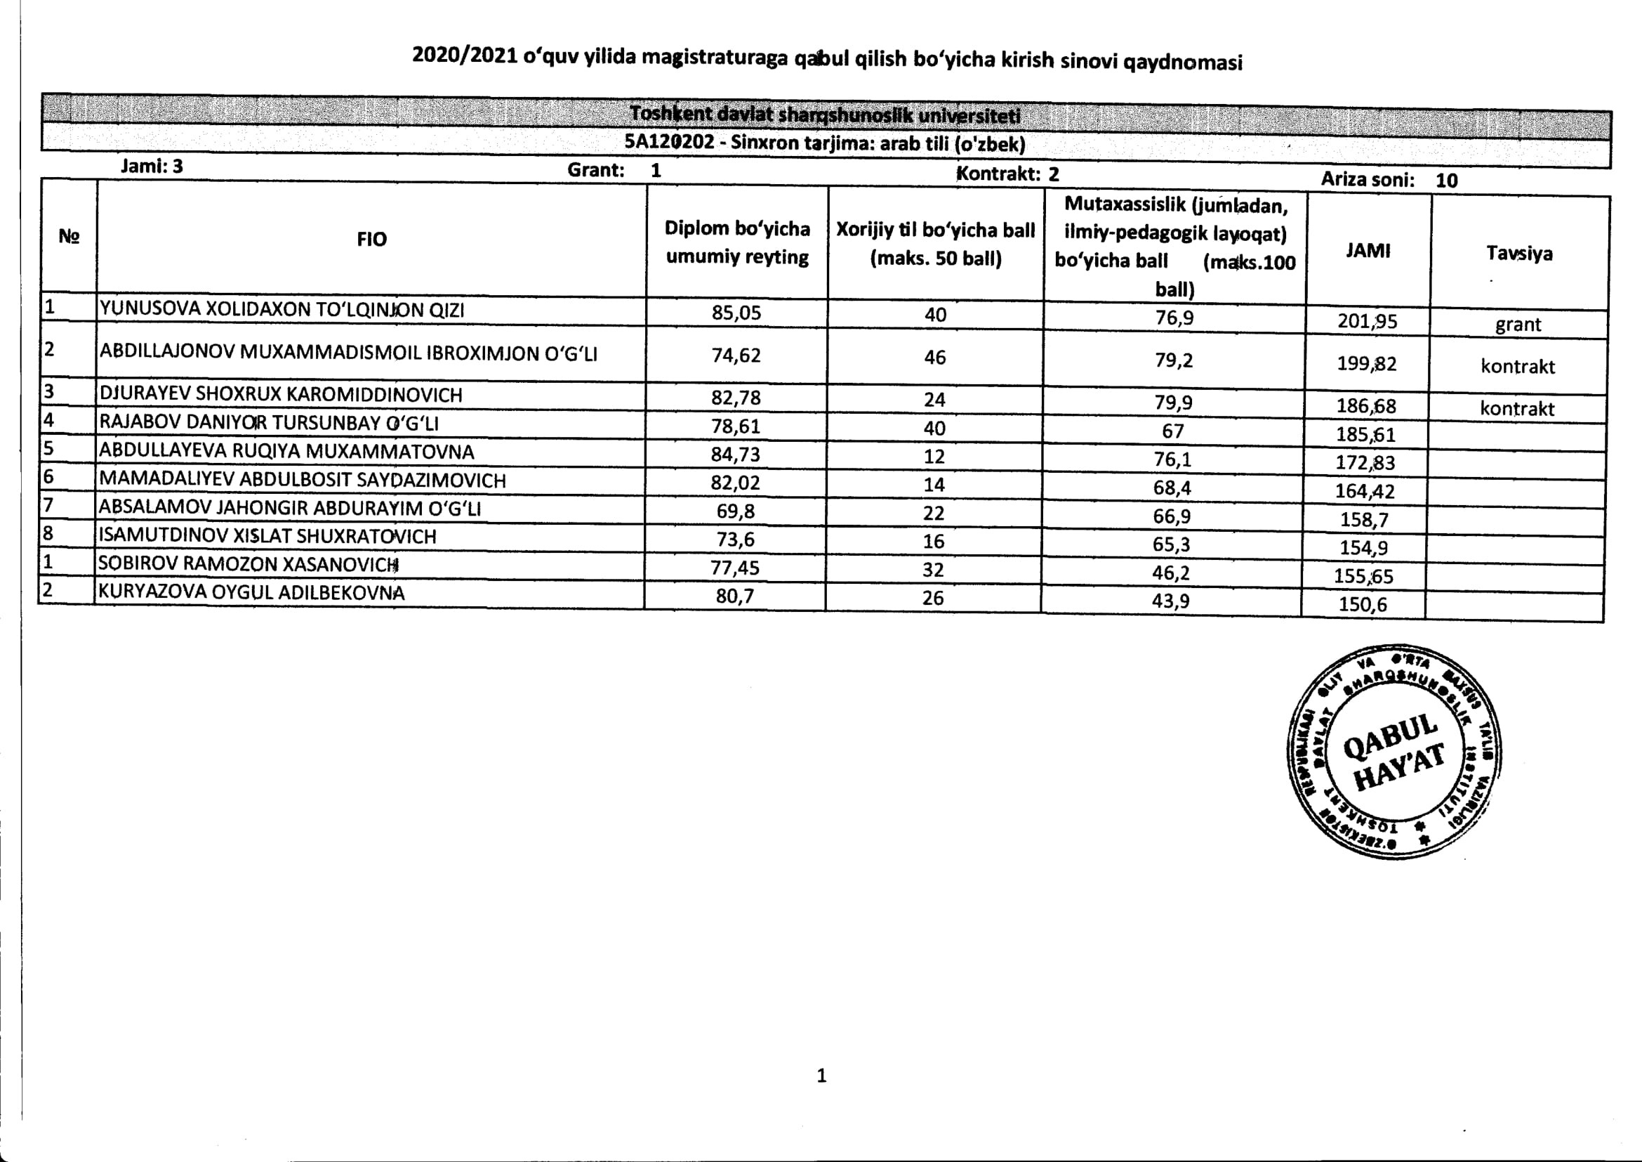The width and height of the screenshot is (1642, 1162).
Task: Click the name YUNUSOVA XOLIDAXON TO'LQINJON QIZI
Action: pos(282,309)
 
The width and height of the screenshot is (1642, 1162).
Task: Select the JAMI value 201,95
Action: pos(1367,320)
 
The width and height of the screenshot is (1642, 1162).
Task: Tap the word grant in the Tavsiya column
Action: pos(1518,324)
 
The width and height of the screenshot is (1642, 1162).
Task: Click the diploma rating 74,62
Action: pos(736,355)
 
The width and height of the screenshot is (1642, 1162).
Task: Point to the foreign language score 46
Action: pos(934,357)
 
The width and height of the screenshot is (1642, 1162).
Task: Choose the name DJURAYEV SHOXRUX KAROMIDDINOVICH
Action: pos(280,394)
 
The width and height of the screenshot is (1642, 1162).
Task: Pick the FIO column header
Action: pos(371,239)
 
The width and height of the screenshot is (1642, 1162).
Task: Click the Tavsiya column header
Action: pos(1519,253)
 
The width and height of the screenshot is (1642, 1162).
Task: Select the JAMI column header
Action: pos(1368,250)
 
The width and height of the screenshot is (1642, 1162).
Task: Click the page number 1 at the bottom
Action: pos(821,1076)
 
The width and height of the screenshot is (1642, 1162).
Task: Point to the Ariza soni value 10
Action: pos(1446,181)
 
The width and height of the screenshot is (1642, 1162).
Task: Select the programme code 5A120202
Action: pos(670,141)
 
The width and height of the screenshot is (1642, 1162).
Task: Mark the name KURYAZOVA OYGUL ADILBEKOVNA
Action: pos(251,592)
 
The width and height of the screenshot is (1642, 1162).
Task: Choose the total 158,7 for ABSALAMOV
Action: pos(1364,518)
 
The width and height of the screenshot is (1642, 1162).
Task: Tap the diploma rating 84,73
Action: pos(735,455)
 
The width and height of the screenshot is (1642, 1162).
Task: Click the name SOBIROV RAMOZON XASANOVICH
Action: pos(247,564)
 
